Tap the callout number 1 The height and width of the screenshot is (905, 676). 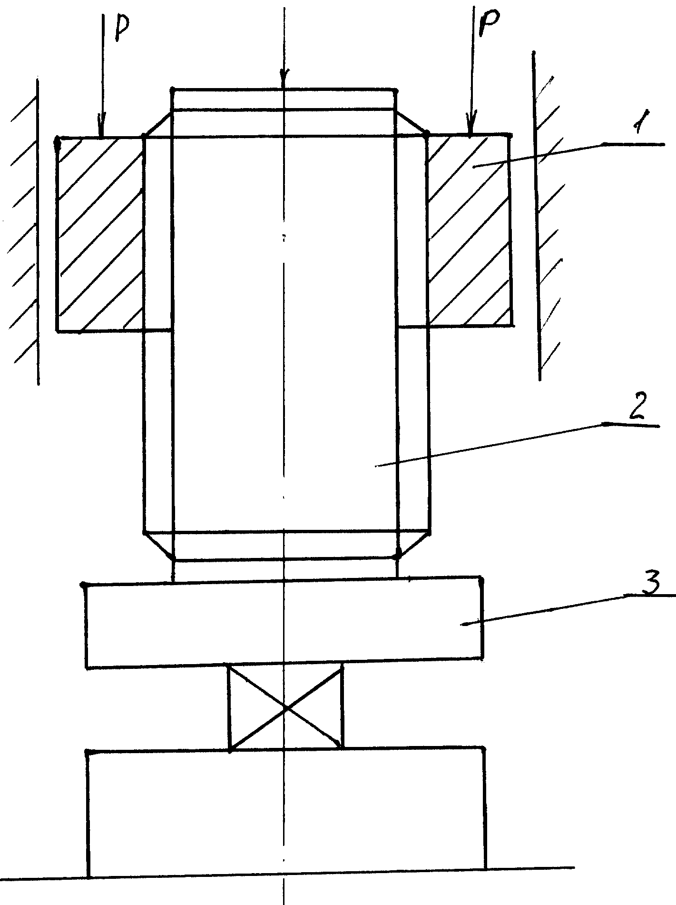coord(637,126)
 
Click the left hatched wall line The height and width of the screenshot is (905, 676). coord(38,231)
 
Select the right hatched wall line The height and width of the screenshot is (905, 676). coord(537,216)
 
